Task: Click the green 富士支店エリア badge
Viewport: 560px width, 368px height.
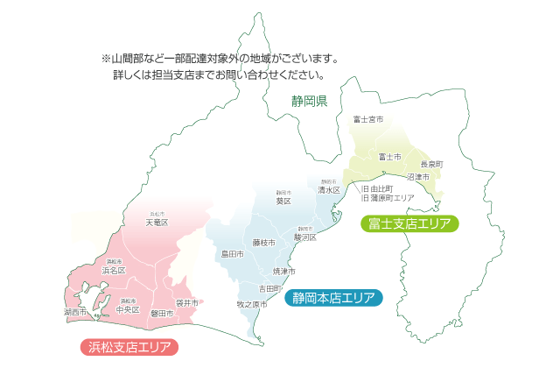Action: [x=409, y=224]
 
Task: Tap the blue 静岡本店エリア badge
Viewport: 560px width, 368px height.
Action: [x=333, y=298]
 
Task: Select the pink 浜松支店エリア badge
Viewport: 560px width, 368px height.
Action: [x=129, y=346]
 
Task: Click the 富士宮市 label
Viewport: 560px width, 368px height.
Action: [x=368, y=118]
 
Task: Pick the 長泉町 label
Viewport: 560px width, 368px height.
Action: [x=431, y=164]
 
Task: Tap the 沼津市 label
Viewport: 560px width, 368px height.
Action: [x=418, y=177]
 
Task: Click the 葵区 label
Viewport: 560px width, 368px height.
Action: [x=283, y=201]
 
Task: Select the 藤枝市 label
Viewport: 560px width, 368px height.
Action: [x=263, y=242]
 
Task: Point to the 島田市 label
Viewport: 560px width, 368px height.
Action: [x=232, y=254]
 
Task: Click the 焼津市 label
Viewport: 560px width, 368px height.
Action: [x=284, y=272]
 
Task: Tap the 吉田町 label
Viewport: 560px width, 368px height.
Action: [x=269, y=288]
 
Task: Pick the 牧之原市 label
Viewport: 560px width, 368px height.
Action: [x=252, y=304]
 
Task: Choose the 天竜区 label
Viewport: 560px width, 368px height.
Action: [x=157, y=223]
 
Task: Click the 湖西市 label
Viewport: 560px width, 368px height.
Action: [x=76, y=312]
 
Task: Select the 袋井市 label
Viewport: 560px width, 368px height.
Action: [x=186, y=302]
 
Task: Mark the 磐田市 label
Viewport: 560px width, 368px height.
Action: [x=162, y=313]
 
